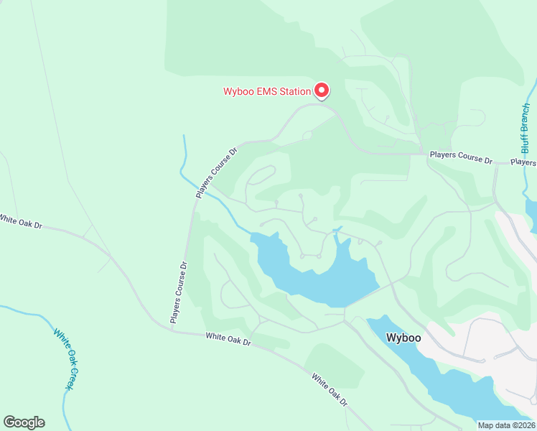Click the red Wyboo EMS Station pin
322,90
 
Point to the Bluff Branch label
526,128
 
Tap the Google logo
24,422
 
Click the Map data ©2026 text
506,425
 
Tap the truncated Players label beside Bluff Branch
523,162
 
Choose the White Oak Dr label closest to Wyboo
330,389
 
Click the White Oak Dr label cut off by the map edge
21,221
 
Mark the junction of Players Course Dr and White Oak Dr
174,330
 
